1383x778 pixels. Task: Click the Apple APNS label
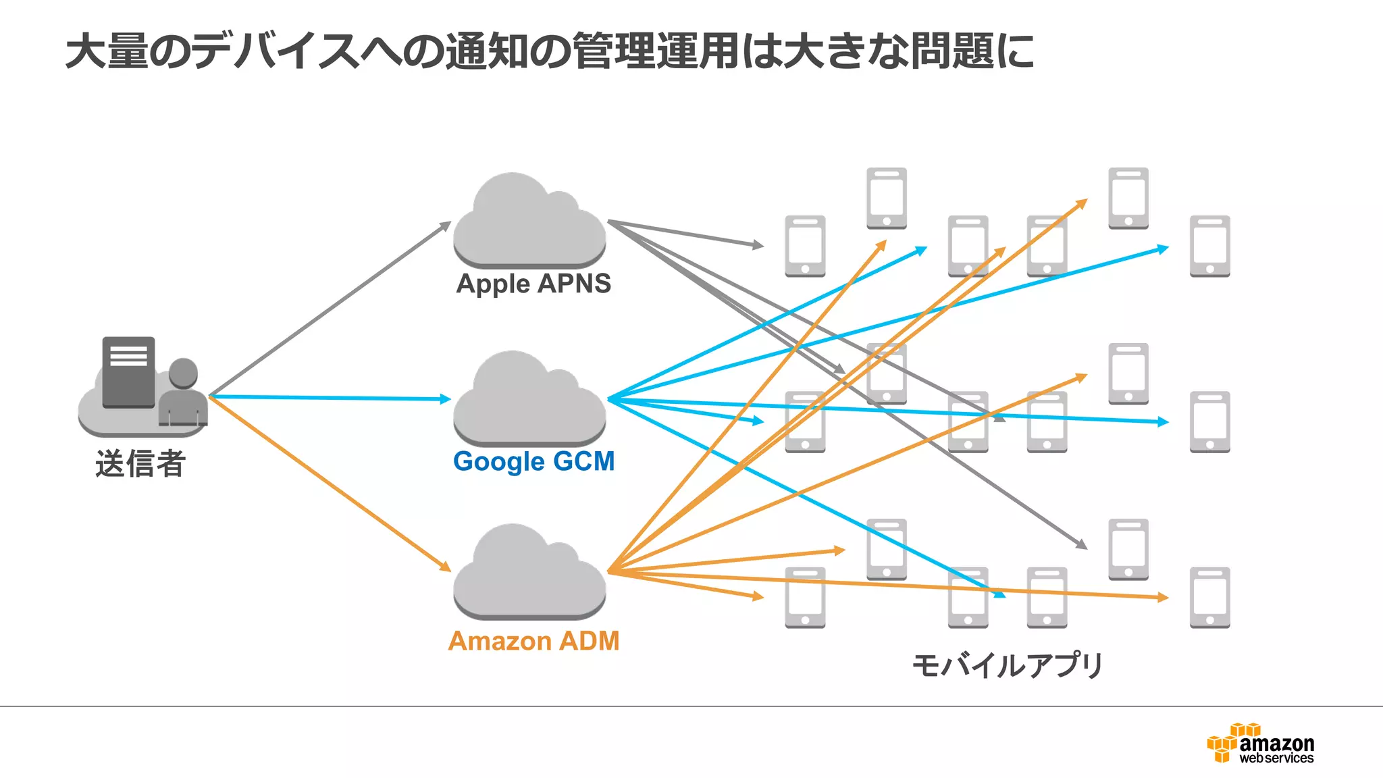[x=533, y=284]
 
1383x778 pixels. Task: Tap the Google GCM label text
[x=533, y=462]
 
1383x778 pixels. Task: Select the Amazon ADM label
[x=533, y=641]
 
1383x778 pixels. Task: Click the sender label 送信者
[x=140, y=464]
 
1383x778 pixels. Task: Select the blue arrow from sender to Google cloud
[x=331, y=398]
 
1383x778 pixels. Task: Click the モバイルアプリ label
[x=1007, y=665]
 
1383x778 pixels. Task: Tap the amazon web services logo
[x=1261, y=744]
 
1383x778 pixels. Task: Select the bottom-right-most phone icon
[x=1209, y=598]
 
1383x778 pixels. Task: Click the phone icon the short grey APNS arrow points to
[x=805, y=246]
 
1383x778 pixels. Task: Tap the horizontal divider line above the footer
[x=691, y=706]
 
